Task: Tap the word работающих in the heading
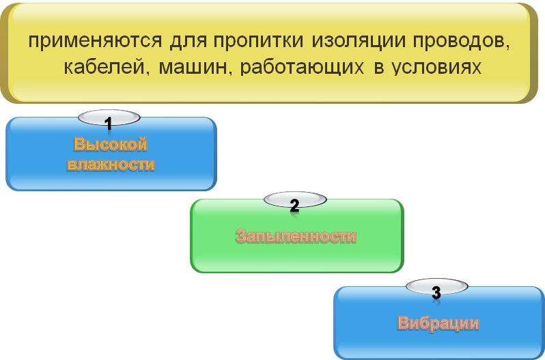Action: (302, 68)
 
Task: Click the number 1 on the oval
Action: (109, 124)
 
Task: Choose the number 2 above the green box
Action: (294, 206)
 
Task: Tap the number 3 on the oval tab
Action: (436, 292)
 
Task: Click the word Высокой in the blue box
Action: (111, 144)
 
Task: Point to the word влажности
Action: (111, 165)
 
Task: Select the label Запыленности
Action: (296, 236)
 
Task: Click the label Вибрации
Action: (438, 324)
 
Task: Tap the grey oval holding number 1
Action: (109, 117)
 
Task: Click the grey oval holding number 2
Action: (295, 199)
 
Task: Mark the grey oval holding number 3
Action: (437, 286)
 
